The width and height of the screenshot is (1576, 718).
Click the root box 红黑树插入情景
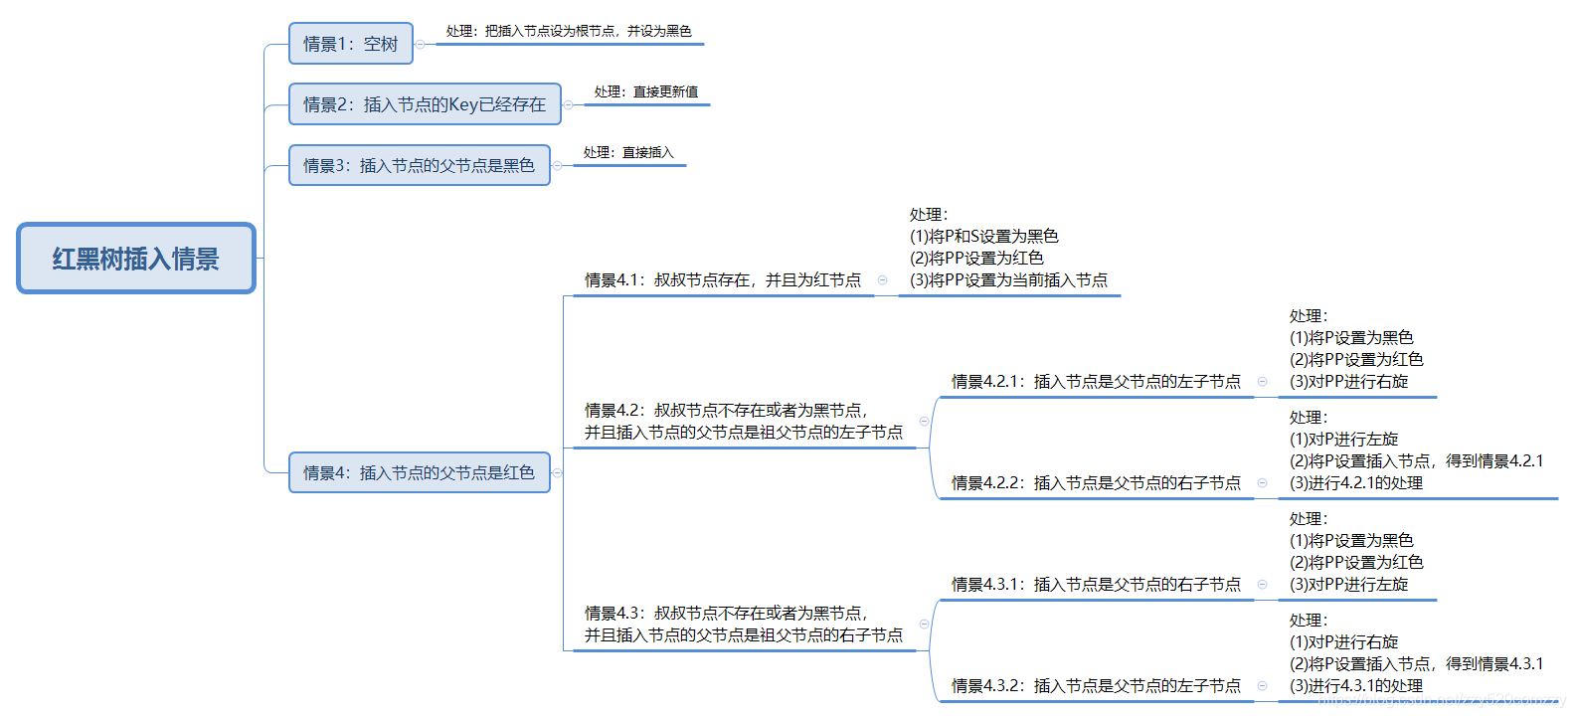pos(136,259)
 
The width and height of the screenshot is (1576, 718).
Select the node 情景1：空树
pos(350,44)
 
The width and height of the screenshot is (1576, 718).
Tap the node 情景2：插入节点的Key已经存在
pos(425,104)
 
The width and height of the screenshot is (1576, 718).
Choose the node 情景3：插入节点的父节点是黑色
pos(419,165)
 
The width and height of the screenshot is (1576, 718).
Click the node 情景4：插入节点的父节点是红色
pos(419,472)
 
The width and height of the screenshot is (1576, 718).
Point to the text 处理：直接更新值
pos(645,91)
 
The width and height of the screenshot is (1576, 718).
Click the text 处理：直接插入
pos(628,152)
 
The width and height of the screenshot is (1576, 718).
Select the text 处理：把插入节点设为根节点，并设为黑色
pos(569,31)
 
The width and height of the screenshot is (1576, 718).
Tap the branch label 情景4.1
pos(723,280)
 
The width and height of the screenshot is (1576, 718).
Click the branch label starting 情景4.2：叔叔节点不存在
pos(743,421)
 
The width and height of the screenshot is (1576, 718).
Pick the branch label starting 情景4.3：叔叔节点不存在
pos(743,624)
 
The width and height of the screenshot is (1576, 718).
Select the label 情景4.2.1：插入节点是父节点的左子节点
pos(1096,382)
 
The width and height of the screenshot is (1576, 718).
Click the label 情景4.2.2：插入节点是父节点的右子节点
pos(1096,483)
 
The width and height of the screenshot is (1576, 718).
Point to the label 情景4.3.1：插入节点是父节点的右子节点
pos(1096,585)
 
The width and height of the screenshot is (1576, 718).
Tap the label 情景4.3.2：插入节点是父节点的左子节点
pos(1096,686)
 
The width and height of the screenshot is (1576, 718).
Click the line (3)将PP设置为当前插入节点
pos(1008,280)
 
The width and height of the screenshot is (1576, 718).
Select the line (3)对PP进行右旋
pos(1348,382)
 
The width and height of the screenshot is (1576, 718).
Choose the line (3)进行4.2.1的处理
pos(1356,483)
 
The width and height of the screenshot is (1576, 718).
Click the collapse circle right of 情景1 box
pos(421,44)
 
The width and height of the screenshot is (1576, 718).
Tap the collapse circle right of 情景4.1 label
pos(882,280)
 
